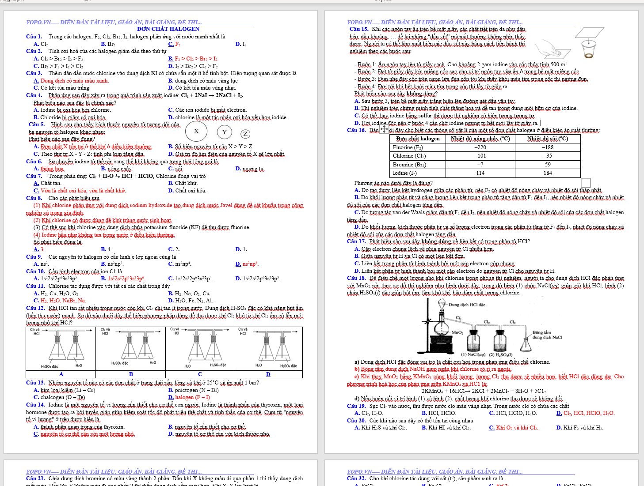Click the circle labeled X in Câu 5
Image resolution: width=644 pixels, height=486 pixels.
[x=196, y=131]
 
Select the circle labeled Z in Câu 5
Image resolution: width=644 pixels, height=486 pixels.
[x=245, y=134]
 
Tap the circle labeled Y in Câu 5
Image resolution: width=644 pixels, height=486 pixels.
[x=225, y=132]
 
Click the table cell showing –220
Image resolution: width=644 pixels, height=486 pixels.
[x=480, y=147]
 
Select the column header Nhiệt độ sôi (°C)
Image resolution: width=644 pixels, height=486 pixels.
[x=548, y=139]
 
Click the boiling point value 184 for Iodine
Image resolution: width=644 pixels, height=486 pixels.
[x=548, y=173]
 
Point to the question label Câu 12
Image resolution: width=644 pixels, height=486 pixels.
[x=35, y=308]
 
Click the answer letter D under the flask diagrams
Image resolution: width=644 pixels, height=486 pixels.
[x=268, y=374]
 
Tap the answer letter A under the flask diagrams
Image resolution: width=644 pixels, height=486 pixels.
[x=61, y=374]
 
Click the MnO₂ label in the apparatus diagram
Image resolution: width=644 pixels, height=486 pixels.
[x=457, y=332]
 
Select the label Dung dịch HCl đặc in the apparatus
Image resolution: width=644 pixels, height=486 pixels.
[x=467, y=305]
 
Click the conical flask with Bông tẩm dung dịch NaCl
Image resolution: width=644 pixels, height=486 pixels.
[x=526, y=343]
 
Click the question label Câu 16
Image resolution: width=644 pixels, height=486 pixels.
[x=356, y=130]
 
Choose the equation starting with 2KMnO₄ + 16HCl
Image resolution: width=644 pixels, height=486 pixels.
[x=484, y=391]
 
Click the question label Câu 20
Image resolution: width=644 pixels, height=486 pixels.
[x=356, y=421]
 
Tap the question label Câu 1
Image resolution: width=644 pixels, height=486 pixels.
[x=34, y=37]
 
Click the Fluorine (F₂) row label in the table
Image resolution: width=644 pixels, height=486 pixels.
[x=408, y=147]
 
